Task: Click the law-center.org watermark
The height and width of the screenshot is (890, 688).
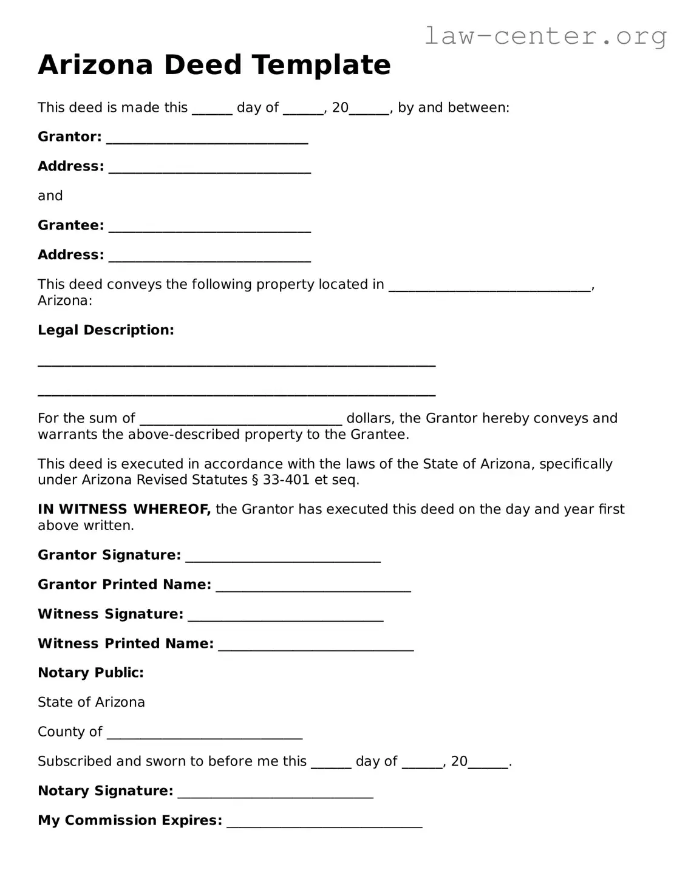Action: click(545, 36)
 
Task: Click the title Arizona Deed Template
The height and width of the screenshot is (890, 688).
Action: click(214, 65)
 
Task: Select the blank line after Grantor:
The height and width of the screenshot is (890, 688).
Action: click(207, 139)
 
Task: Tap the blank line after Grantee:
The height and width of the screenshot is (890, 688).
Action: click(209, 228)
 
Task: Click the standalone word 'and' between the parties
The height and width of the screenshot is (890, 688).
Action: click(50, 196)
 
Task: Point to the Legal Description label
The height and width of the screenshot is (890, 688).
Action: click(106, 330)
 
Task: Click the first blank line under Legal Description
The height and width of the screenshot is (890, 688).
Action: click(236, 363)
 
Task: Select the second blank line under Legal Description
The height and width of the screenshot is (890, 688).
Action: click(236, 393)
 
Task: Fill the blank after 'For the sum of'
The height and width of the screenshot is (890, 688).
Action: click(241, 421)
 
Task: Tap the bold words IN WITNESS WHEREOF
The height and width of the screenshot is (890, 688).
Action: click(124, 509)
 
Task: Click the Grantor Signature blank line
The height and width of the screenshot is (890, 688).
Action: click(283, 558)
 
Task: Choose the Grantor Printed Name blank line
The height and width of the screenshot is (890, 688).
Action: click(313, 587)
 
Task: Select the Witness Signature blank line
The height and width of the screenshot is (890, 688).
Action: click(285, 617)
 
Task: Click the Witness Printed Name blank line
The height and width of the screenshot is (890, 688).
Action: click(316, 647)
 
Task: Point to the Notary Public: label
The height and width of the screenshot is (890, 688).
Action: click(90, 673)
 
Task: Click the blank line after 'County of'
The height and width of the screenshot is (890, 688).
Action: click(205, 735)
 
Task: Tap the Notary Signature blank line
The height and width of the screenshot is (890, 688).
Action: click(275, 793)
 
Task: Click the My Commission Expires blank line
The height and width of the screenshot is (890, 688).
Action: click(324, 823)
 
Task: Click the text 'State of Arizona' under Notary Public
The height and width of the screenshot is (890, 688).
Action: click(91, 702)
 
